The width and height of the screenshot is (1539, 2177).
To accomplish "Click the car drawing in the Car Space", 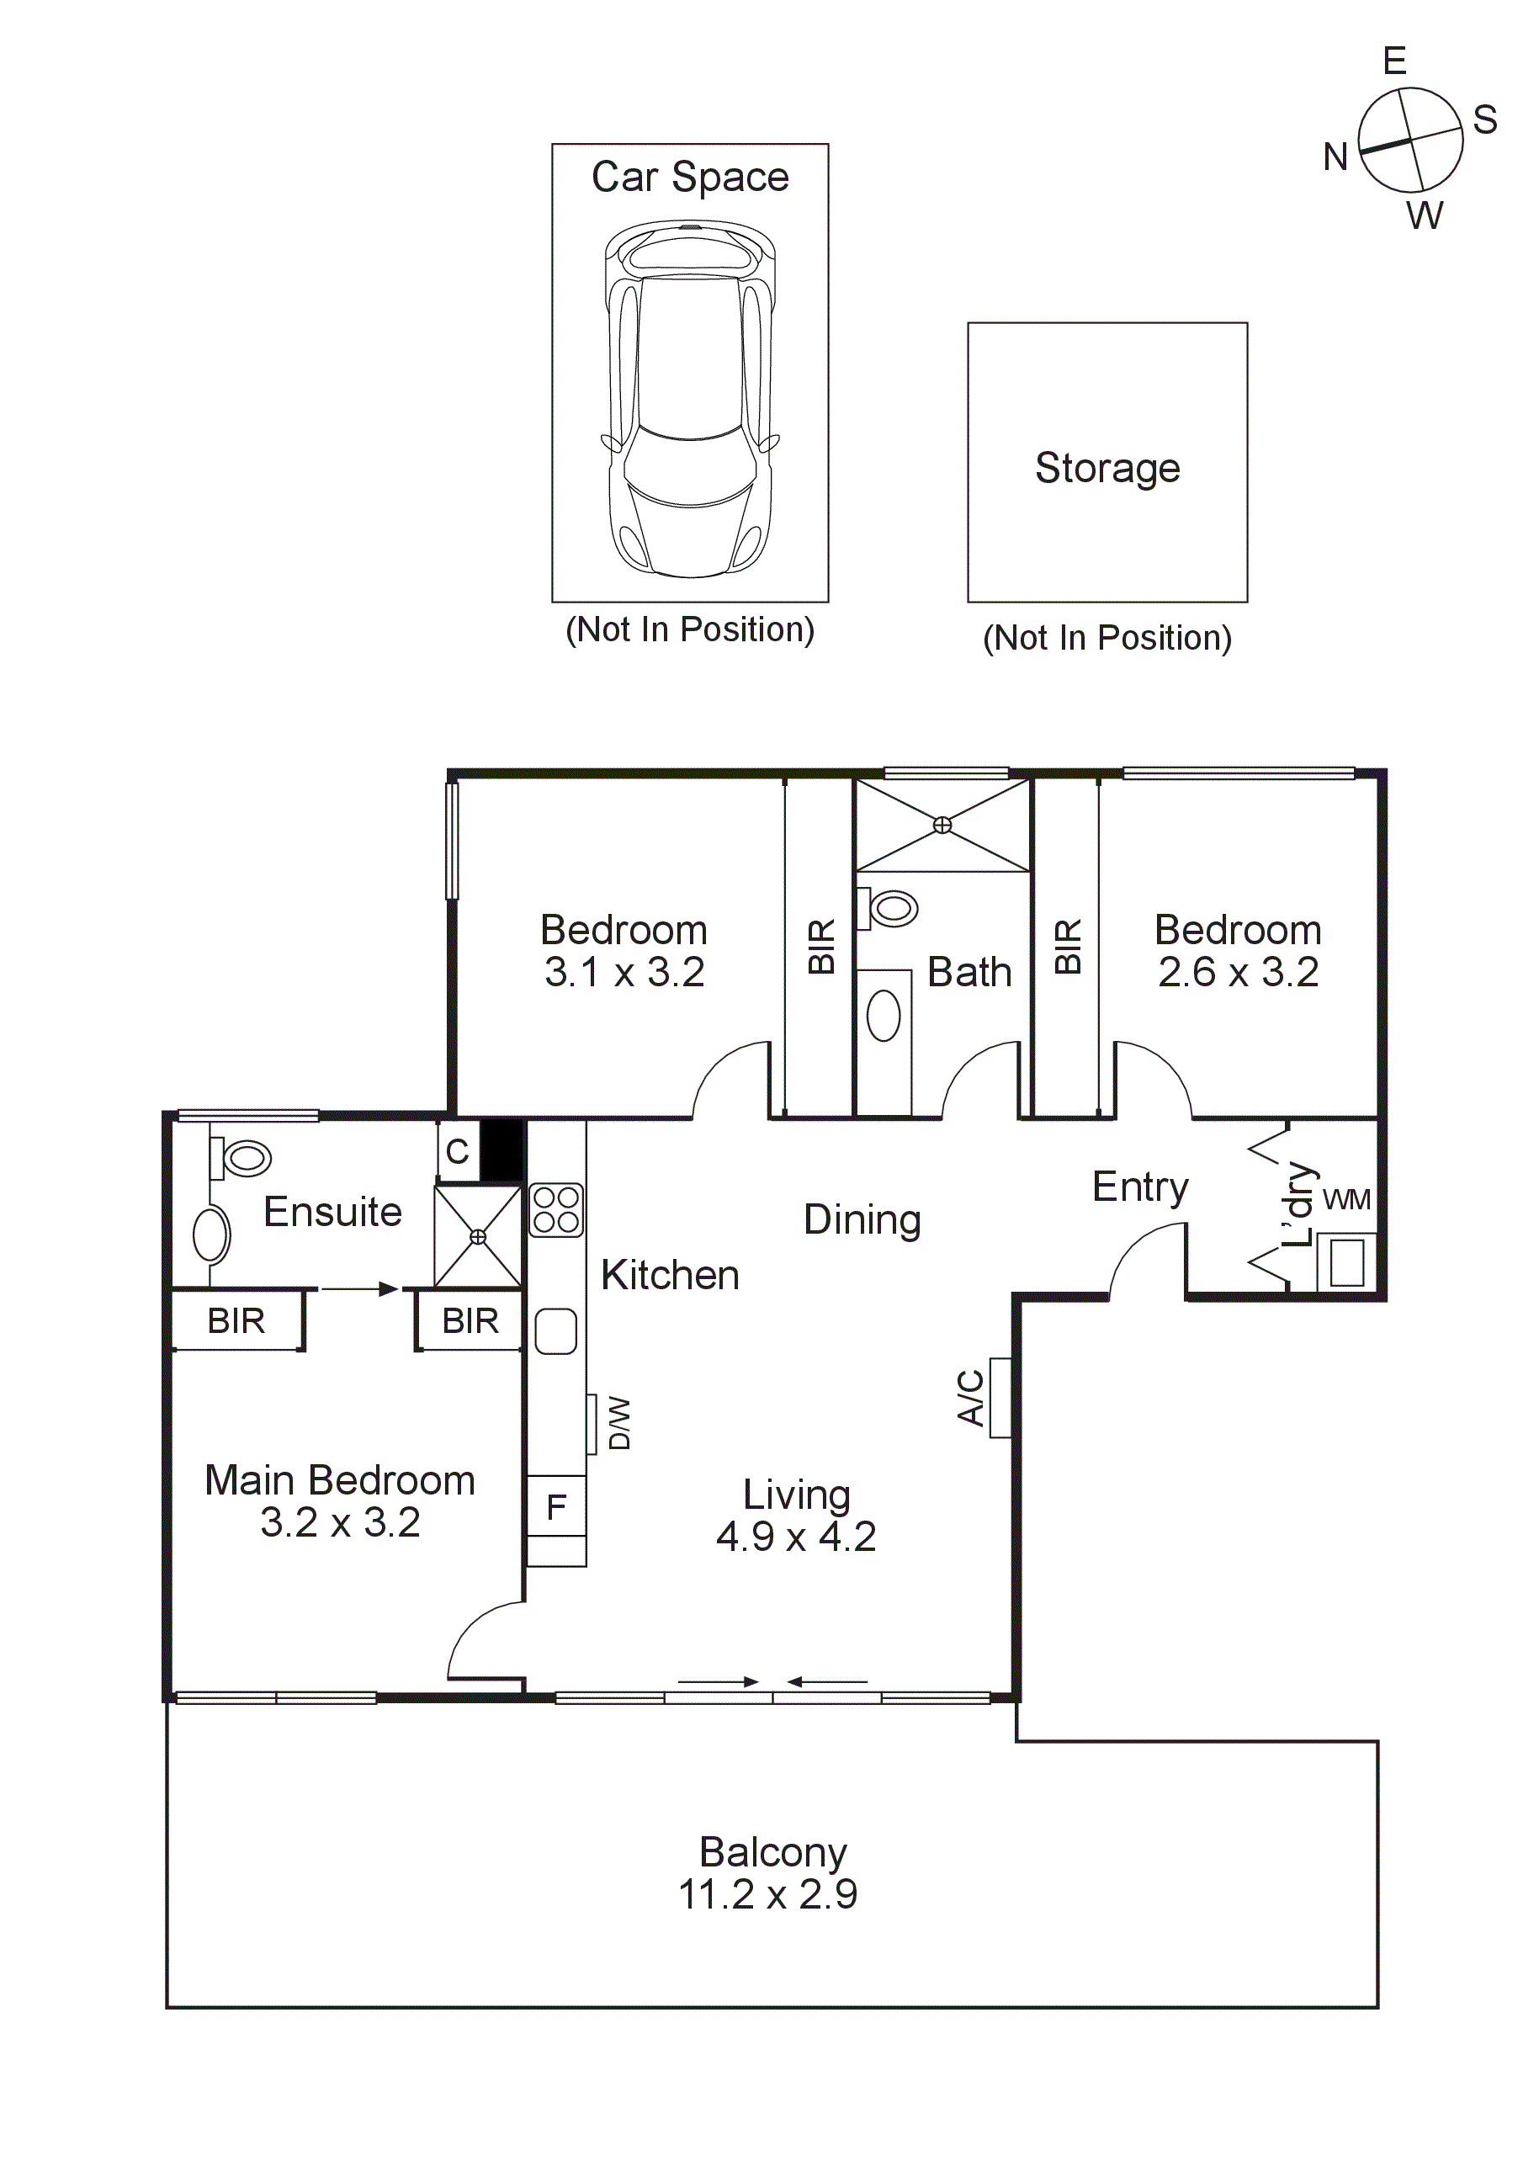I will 689,398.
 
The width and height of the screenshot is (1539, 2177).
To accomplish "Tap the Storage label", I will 1106,469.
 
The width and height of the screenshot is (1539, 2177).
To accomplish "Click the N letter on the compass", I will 1335,157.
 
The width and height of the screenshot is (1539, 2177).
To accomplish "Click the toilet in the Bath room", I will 890,908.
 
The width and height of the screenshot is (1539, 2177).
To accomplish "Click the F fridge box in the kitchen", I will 557,1506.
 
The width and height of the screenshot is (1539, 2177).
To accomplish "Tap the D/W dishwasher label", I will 618,1422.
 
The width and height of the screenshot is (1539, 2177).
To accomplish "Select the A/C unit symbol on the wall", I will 1000,1398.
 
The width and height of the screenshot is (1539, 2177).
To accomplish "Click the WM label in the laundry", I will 1346,1200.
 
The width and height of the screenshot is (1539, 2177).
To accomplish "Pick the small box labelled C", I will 458,1152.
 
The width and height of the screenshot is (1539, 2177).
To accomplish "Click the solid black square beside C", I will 502,1150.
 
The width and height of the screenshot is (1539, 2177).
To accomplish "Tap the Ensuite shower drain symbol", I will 478,1236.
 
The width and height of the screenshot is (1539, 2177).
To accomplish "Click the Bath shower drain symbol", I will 942,825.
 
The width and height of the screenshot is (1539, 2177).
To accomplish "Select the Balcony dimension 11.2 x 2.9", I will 767,1894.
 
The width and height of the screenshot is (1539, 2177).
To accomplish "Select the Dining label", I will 861,1220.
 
